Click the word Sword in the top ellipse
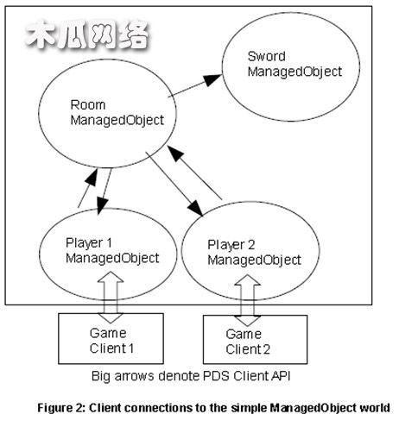[267, 56]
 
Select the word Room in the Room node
[88, 105]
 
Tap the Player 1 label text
[89, 243]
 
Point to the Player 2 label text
[231, 245]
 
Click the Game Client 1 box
[111, 339]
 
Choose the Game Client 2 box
[255, 340]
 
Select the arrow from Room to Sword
[195, 85]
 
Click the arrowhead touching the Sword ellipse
[213, 79]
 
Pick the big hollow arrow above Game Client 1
[111, 297]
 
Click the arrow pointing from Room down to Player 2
[174, 184]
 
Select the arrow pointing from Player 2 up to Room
[194, 173]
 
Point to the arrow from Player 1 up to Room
[88, 188]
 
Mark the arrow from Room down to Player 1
[104, 191]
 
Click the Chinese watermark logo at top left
[87, 35]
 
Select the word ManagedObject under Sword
[294, 72]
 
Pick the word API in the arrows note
[281, 376]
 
